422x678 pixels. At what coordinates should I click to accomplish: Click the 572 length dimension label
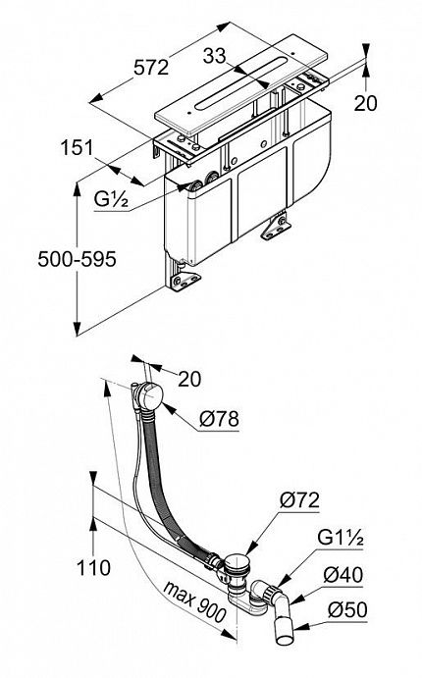151,68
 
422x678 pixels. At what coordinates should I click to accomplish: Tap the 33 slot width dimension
215,56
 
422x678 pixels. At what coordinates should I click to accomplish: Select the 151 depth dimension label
77,148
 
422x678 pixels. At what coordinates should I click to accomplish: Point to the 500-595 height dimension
77,259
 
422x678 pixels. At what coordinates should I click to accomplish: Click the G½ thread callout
111,199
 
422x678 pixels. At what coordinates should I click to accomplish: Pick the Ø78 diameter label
219,419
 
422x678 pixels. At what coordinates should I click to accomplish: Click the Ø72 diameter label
299,500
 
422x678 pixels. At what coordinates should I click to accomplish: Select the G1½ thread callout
341,538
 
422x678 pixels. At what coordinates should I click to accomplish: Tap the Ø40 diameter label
343,575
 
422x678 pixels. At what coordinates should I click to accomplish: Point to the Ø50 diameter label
347,610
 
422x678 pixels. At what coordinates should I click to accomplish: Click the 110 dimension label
93,568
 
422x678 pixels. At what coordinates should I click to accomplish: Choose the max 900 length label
194,601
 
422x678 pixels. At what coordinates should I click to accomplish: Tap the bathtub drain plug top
237,561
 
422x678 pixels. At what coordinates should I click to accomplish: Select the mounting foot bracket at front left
185,281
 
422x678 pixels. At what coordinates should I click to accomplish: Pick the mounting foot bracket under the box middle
276,228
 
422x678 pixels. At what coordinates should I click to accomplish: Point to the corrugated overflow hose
169,480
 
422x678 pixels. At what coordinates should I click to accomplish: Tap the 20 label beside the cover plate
365,103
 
